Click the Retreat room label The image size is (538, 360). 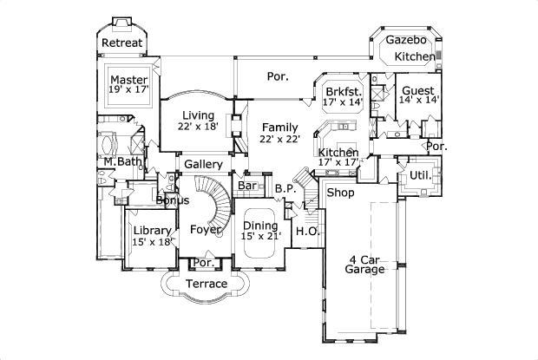121,43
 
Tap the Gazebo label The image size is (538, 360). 404,40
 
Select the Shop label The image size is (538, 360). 339,193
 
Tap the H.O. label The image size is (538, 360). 306,232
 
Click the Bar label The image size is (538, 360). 246,186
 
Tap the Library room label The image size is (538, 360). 150,230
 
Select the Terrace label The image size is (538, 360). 207,284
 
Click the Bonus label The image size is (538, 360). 172,200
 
